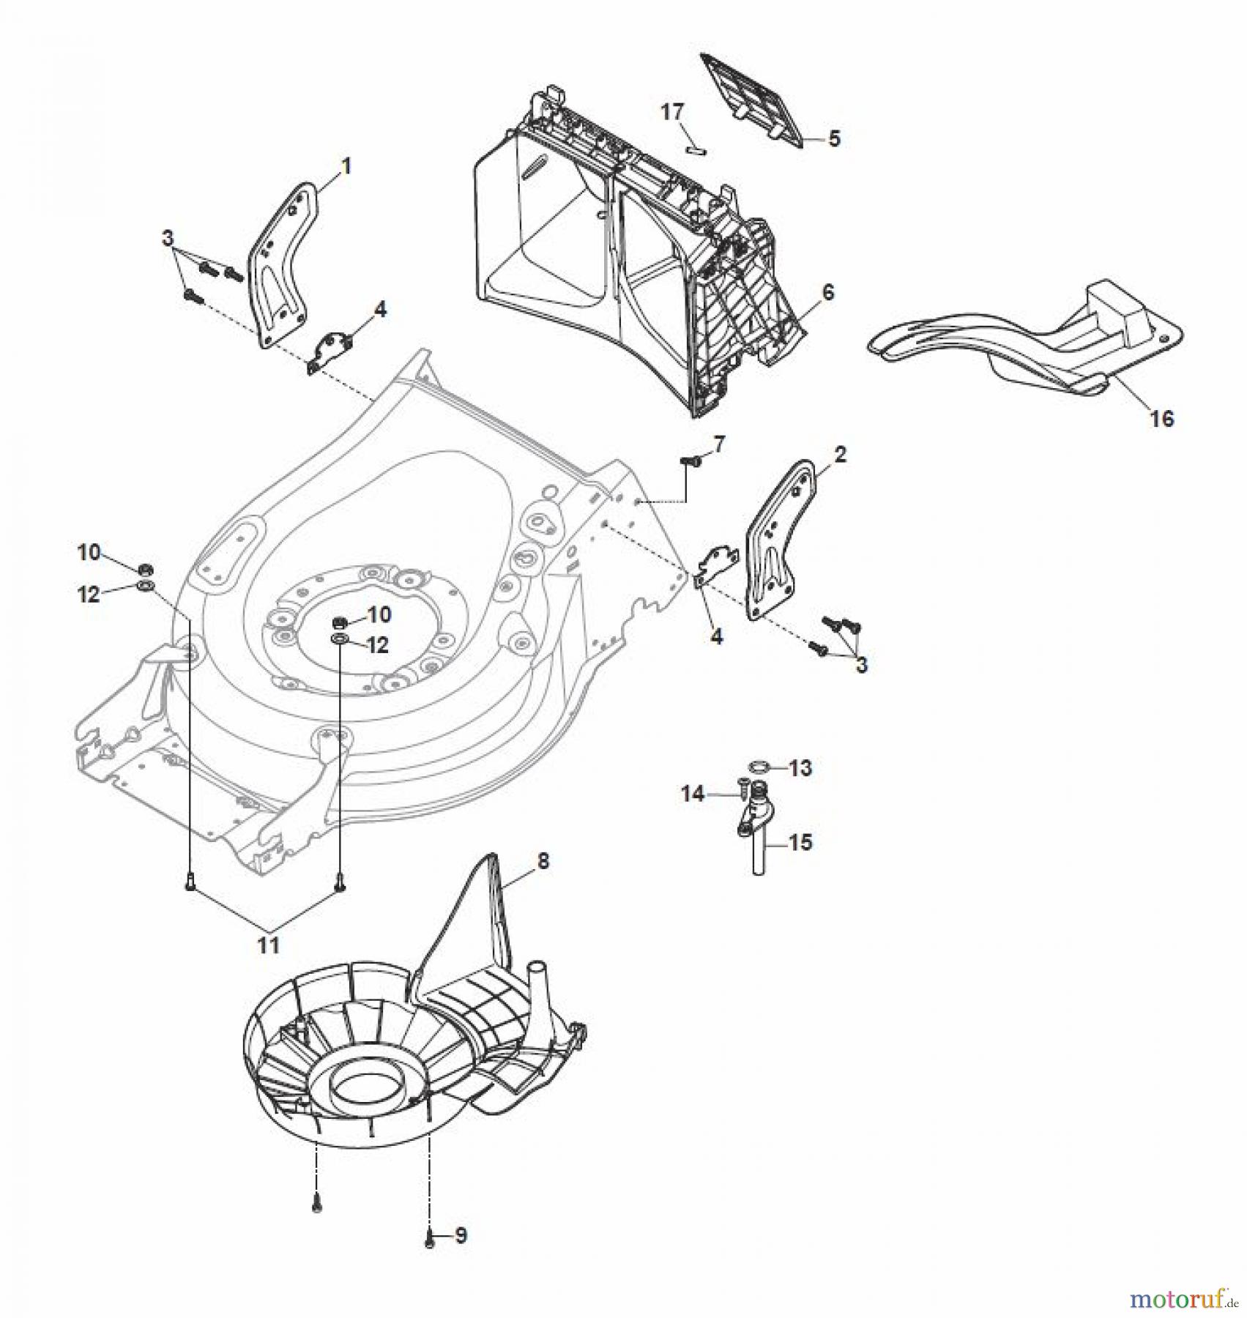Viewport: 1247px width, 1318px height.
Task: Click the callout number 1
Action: click(346, 167)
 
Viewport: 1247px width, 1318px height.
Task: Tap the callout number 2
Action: click(840, 455)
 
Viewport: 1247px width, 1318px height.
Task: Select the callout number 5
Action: click(834, 138)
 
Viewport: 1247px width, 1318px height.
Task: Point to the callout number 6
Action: click(827, 293)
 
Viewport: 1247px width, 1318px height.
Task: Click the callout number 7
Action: click(718, 444)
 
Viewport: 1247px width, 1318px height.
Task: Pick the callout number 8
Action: click(543, 862)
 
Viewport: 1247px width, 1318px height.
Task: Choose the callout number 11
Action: click(269, 945)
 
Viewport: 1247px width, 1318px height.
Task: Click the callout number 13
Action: click(801, 768)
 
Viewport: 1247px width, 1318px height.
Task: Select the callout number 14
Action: click(693, 794)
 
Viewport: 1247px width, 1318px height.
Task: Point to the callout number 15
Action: click(801, 843)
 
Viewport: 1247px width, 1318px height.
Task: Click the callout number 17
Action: click(672, 113)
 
